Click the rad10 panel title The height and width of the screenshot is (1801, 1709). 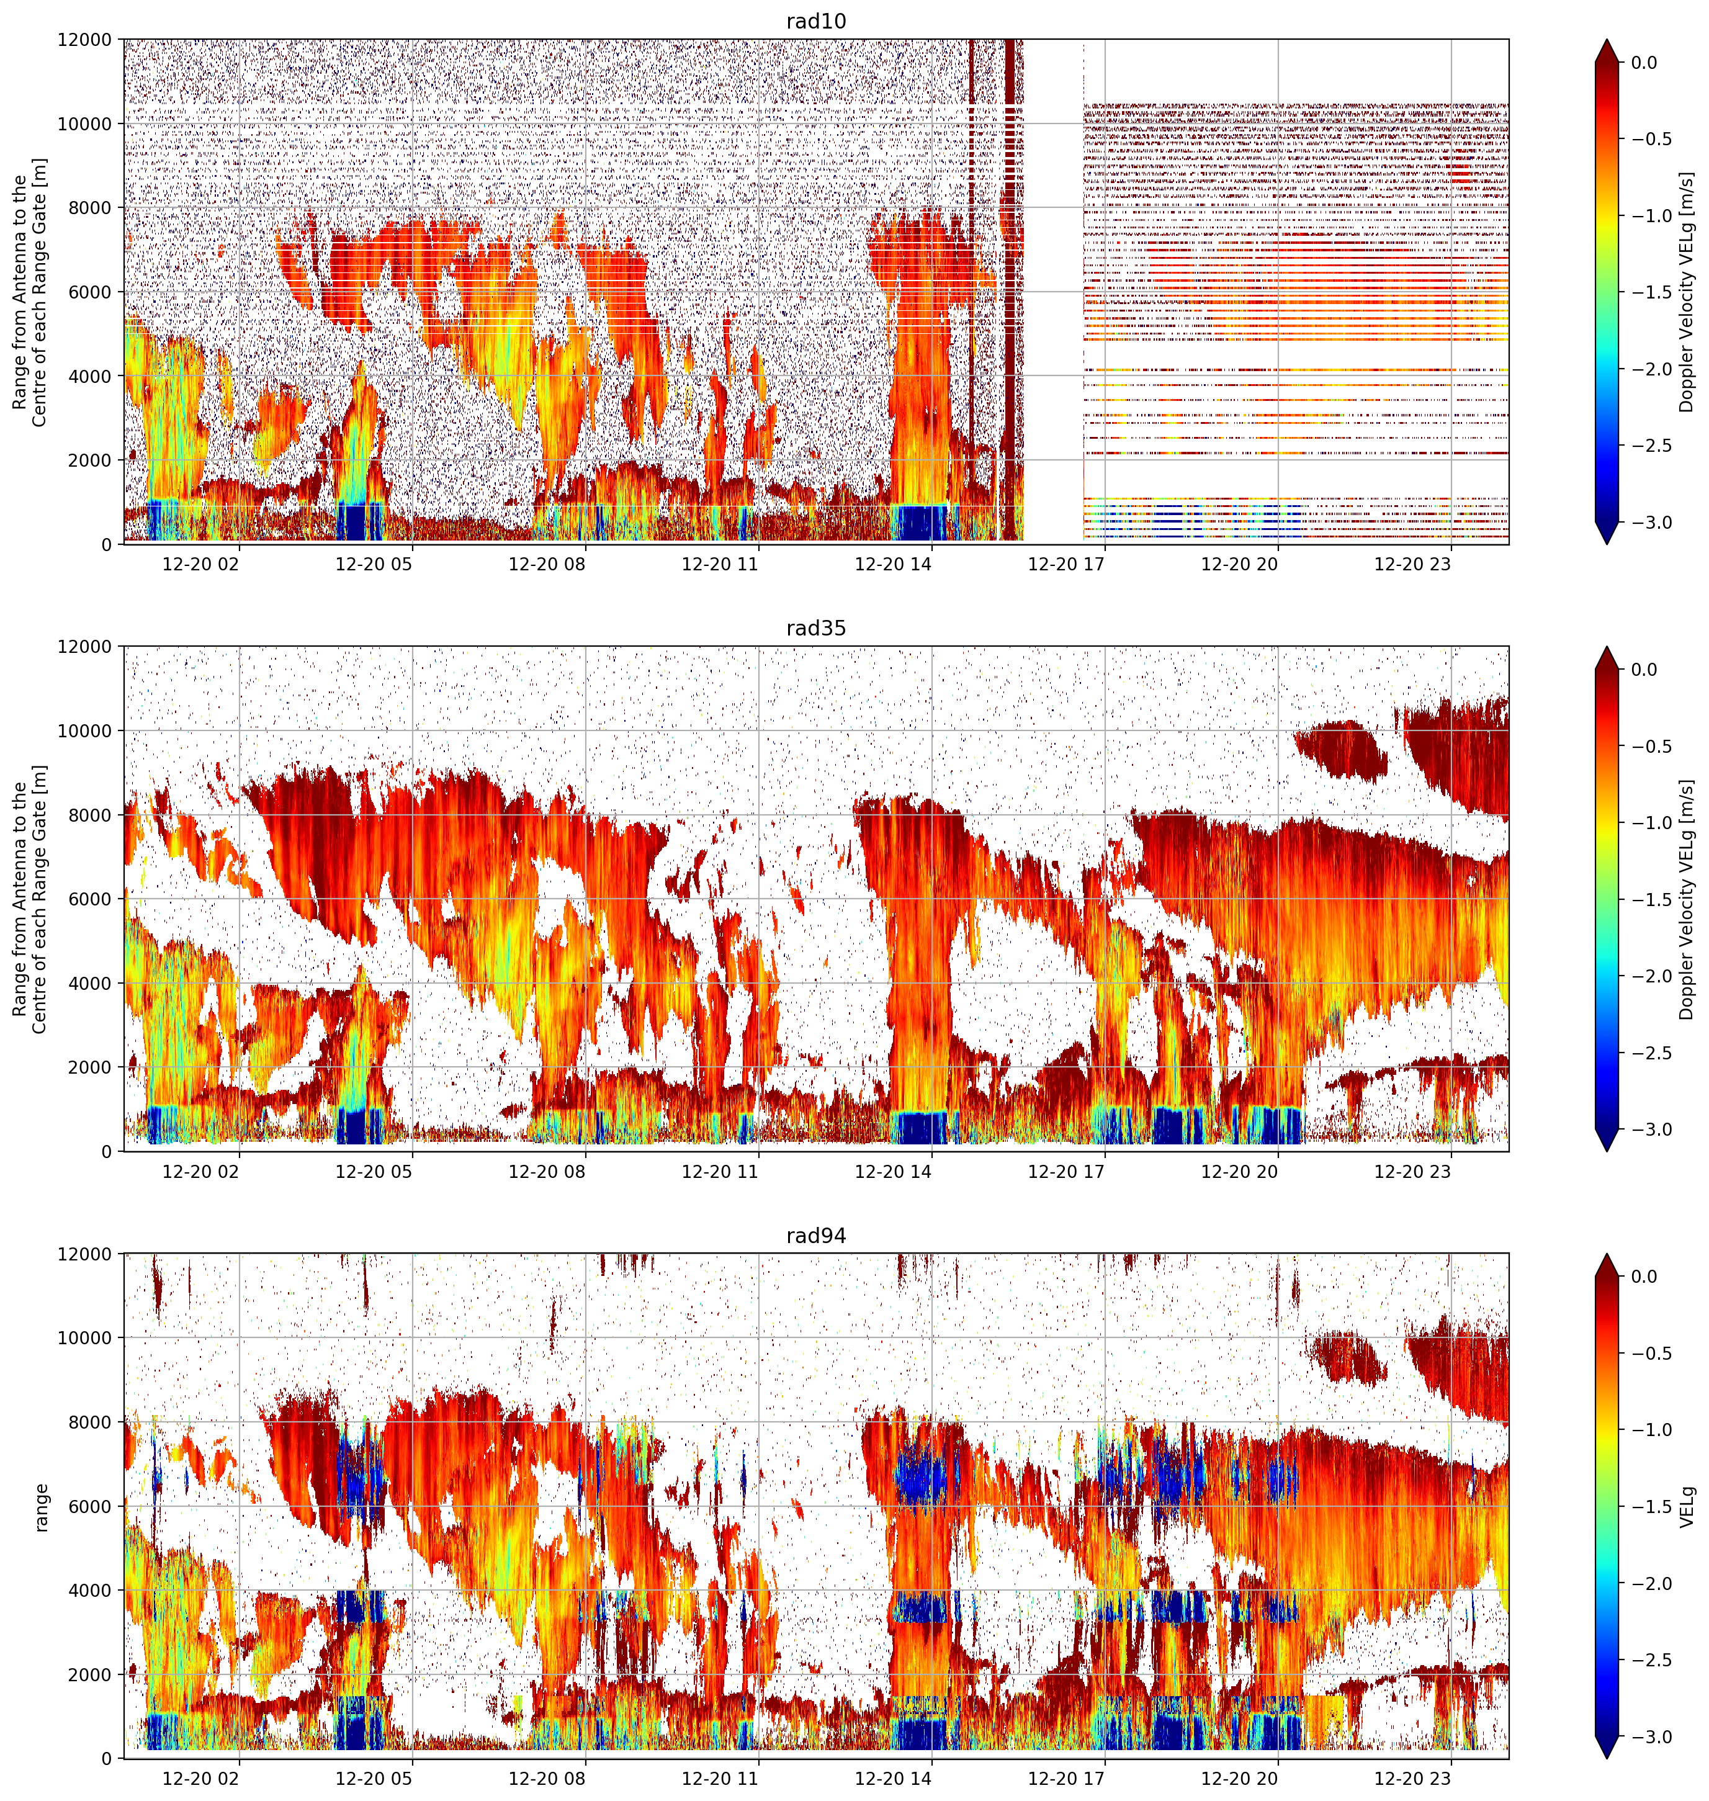pos(815,21)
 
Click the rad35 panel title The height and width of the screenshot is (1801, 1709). pos(815,629)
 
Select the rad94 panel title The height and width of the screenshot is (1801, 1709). pos(815,1236)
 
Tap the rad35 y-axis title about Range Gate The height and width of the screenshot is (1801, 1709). pos(30,899)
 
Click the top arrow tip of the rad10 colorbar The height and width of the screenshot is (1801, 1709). pos(1607,39)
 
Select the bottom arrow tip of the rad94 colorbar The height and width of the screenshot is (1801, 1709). pos(1607,1759)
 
